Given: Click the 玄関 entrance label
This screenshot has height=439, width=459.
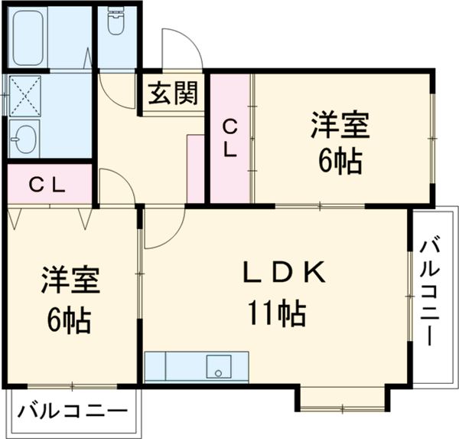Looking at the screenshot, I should (173, 93).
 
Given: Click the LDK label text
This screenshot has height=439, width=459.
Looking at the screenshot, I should (285, 271).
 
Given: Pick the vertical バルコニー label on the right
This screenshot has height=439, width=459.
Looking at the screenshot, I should (431, 292).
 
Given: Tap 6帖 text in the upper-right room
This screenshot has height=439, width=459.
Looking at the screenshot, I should (340, 162).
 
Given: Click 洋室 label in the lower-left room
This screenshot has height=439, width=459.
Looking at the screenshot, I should (70, 280).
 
